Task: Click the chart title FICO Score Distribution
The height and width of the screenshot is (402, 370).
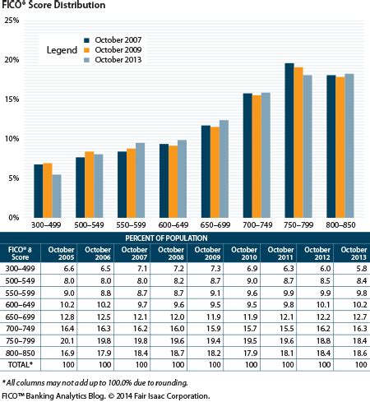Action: (x=53, y=6)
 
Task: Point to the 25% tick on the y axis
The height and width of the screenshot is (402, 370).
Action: (x=12, y=21)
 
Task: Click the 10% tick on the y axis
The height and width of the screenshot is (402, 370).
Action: (x=12, y=139)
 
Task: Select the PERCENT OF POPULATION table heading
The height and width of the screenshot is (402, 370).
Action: (x=185, y=238)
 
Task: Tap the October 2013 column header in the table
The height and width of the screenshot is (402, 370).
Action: (x=348, y=254)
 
